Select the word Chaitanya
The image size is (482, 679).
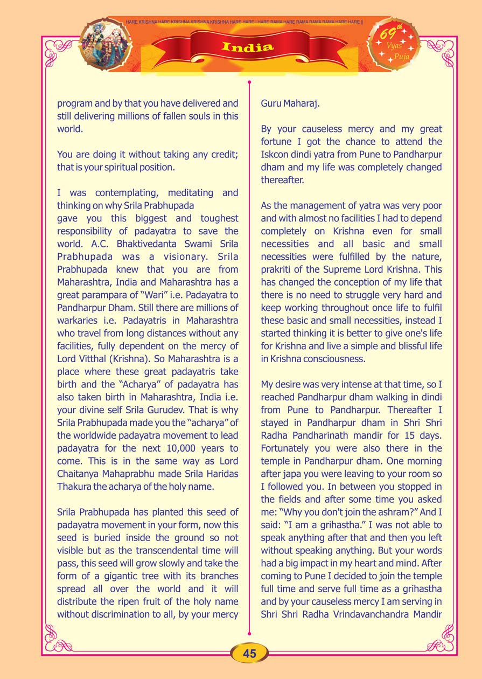[x=80, y=474]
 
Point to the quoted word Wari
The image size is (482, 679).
[x=167, y=295]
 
